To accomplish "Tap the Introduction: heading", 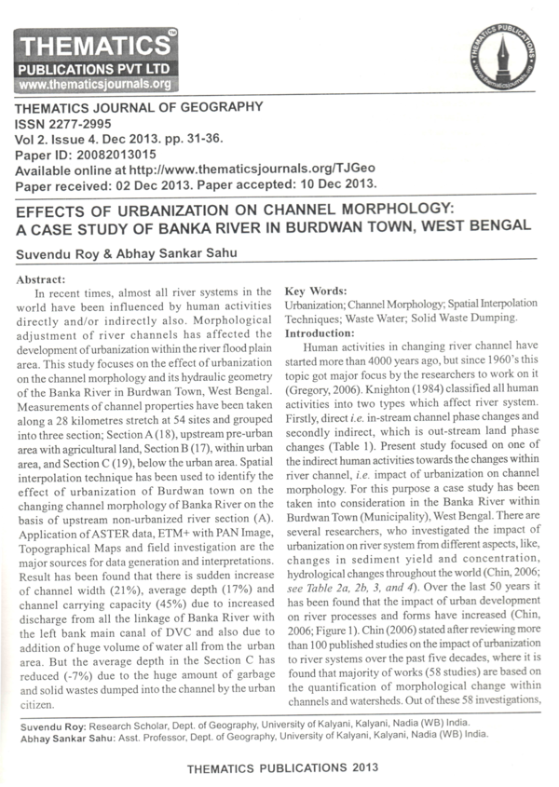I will point(321,332).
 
